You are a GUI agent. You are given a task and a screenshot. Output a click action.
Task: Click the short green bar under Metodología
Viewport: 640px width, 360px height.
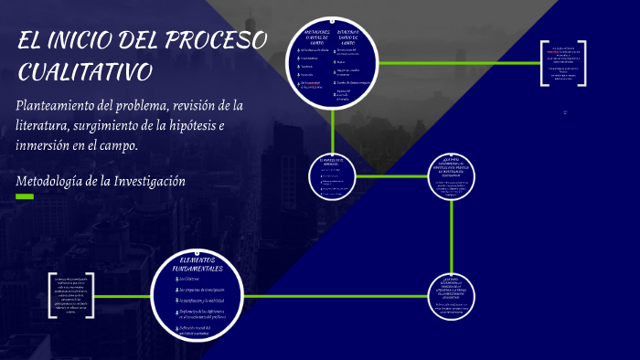(25, 196)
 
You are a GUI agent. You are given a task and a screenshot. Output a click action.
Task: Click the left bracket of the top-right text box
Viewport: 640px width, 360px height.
(542, 63)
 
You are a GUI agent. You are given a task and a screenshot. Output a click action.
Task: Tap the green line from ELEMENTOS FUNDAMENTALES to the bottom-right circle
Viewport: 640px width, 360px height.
(329, 296)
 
